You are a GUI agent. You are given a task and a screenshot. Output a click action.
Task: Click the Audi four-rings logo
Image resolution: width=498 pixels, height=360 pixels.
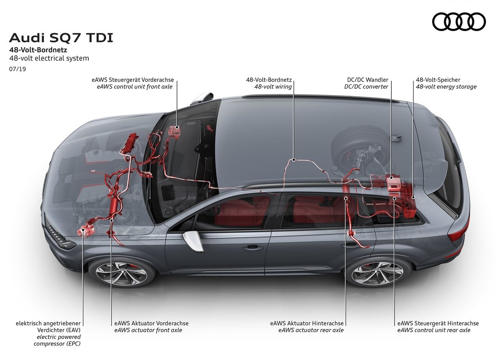[459, 21]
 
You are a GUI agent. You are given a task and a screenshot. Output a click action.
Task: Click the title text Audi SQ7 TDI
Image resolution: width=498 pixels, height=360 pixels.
[61, 38]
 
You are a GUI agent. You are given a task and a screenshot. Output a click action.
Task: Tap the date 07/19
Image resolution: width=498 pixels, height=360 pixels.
[18, 69]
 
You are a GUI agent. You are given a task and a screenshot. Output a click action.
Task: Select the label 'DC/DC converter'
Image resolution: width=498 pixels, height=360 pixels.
[366, 86]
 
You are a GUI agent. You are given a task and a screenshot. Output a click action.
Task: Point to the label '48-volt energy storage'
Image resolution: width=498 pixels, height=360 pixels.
[446, 86]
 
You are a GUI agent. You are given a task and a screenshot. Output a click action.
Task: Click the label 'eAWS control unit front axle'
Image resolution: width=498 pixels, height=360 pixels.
[135, 86]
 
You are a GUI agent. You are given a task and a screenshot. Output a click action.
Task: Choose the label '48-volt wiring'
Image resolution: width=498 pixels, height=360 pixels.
[273, 86]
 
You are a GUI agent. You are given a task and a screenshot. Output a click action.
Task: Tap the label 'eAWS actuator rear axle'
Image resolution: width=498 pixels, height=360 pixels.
[311, 330]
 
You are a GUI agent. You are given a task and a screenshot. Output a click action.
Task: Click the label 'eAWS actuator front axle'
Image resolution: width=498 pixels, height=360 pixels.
[148, 330]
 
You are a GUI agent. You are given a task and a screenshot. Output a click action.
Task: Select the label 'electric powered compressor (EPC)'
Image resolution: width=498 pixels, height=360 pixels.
[57, 340]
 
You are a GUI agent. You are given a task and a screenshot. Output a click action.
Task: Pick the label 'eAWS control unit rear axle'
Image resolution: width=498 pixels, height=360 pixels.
[434, 330]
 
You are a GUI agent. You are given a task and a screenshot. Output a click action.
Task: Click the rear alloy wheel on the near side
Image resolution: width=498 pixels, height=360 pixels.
[377, 274]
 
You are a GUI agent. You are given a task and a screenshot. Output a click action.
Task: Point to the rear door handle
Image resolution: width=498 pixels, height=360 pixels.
[351, 245]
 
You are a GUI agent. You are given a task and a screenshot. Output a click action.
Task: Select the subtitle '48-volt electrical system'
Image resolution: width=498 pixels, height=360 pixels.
[49, 58]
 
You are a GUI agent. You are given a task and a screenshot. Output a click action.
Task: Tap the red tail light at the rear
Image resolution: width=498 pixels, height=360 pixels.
[456, 231]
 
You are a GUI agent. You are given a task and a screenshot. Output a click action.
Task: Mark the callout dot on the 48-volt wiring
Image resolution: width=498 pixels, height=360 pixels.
[294, 160]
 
